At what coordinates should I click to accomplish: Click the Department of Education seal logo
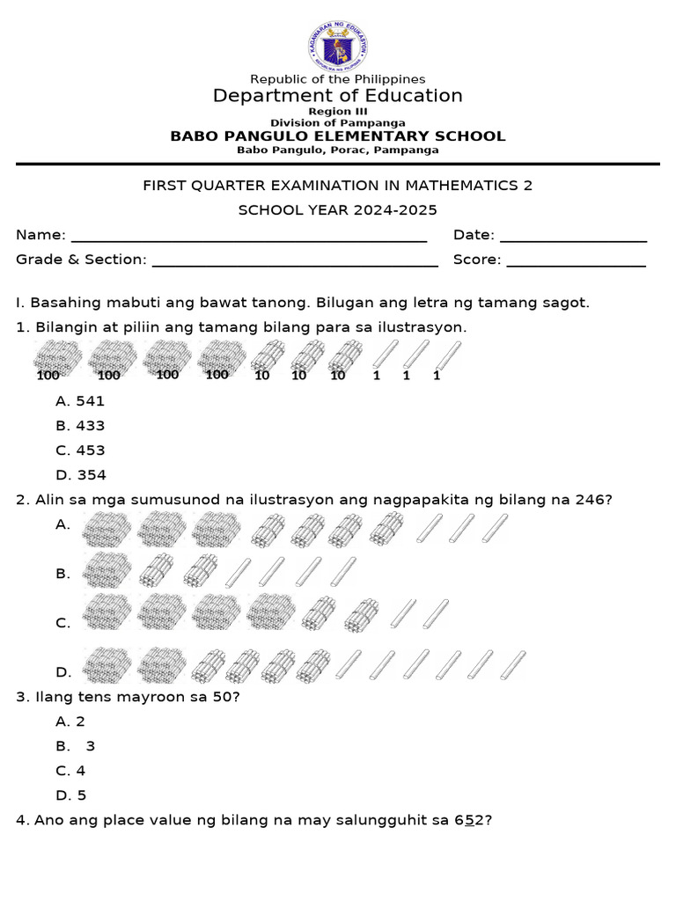point(338,46)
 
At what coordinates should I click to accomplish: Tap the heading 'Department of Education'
point(338,96)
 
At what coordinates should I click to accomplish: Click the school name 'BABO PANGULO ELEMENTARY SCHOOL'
point(338,136)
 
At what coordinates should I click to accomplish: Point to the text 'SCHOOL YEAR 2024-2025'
point(338,210)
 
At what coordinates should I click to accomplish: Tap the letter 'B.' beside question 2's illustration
point(62,574)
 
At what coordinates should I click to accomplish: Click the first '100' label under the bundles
point(48,376)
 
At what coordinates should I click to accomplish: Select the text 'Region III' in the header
point(338,113)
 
